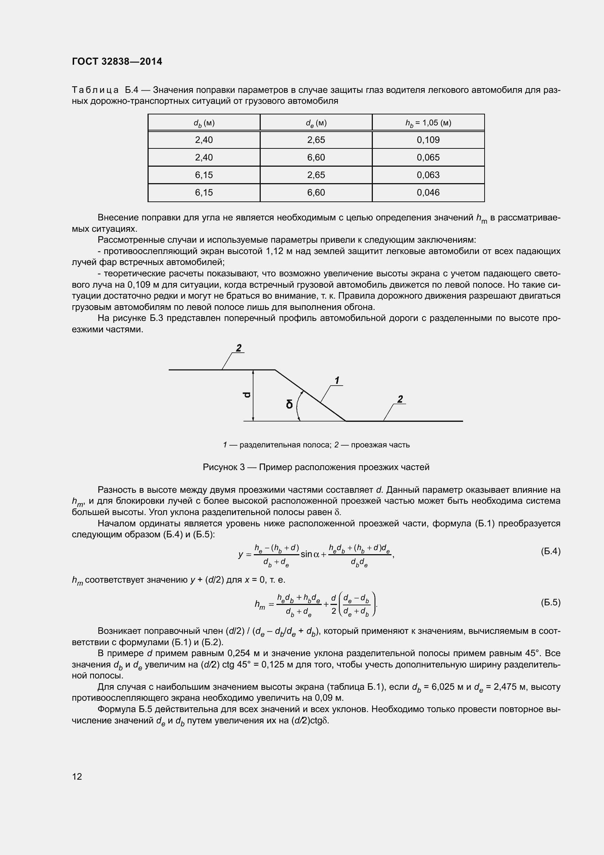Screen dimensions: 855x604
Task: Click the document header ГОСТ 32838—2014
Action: point(117,61)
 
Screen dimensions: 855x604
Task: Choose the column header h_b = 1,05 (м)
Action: point(428,123)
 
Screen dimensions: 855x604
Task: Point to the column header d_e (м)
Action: point(316,123)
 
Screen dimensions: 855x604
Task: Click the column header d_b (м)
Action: point(204,123)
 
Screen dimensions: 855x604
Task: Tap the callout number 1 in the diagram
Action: point(337,381)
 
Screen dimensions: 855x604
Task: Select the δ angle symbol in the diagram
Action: point(289,404)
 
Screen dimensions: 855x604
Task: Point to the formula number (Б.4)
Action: point(550,551)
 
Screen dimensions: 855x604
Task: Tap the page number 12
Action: point(77,776)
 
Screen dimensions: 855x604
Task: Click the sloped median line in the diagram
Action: point(310,396)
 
